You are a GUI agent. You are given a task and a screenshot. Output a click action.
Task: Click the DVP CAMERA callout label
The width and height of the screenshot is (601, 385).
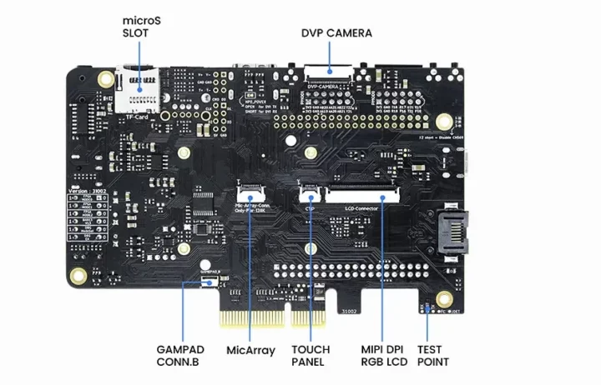click(336, 33)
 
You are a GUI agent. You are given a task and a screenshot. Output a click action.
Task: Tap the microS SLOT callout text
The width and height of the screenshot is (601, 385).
click(139, 26)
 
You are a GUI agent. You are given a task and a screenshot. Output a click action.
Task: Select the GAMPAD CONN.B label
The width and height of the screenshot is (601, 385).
click(179, 356)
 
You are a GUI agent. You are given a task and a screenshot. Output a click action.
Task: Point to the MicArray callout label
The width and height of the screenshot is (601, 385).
click(250, 351)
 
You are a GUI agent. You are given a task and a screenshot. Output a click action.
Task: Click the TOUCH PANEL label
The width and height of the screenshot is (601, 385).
click(311, 356)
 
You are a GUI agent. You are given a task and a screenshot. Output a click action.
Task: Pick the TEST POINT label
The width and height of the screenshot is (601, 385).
click(433, 356)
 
